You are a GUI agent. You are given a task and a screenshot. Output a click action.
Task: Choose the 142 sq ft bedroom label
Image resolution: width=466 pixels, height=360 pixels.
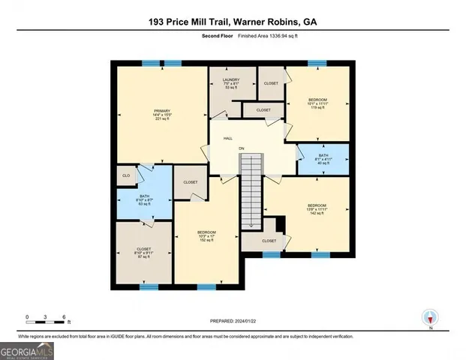click(317, 209)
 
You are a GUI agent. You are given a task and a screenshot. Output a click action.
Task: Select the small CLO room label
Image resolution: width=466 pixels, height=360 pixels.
click(125, 177)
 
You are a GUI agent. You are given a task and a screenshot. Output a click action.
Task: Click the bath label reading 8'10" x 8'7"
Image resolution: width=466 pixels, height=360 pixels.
click(144, 200)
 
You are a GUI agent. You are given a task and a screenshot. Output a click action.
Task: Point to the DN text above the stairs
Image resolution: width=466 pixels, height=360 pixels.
click(242, 148)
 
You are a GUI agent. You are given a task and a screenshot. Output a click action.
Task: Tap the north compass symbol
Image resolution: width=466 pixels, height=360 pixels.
click(430, 318)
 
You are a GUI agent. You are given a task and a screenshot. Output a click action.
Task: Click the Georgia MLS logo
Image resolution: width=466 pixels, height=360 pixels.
click(27, 349)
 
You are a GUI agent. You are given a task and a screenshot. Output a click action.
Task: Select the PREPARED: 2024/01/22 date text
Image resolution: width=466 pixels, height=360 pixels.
click(233, 320)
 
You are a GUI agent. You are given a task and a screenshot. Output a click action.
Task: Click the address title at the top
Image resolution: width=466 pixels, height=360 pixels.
click(233, 22)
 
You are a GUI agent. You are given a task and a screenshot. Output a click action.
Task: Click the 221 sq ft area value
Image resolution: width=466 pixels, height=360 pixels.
click(162, 118)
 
